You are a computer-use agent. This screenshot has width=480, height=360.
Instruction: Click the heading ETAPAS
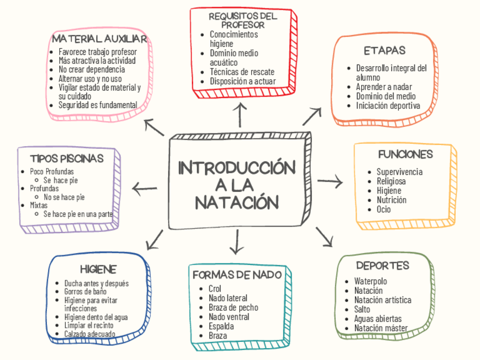point(384,51)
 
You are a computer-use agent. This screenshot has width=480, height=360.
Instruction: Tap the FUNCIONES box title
point(405,154)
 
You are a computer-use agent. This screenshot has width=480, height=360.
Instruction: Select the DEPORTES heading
point(383,265)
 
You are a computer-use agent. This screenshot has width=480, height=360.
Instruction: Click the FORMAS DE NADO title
point(237,275)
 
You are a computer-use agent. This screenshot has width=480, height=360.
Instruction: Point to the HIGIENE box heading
point(98,269)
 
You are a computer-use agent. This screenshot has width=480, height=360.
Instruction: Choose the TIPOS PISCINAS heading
point(67,158)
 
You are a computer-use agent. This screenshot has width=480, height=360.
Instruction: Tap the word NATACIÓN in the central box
point(237,202)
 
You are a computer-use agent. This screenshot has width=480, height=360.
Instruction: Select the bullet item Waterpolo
point(370,281)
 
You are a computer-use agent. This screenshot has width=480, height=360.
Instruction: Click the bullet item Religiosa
point(391,181)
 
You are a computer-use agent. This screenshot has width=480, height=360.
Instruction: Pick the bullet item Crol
point(215,289)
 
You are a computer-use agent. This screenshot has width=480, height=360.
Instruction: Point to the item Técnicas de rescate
point(242,72)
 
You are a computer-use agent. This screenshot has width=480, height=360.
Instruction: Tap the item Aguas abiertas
point(378,319)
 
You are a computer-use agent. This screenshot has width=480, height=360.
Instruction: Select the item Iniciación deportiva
point(388,105)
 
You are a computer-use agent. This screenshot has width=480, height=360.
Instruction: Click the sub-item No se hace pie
point(64,197)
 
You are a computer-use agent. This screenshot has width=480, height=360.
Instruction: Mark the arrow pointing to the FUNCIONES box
point(330,181)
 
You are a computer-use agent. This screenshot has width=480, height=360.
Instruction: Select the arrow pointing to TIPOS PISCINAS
point(145,187)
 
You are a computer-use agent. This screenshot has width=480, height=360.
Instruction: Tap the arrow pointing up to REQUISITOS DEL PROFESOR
point(242,114)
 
